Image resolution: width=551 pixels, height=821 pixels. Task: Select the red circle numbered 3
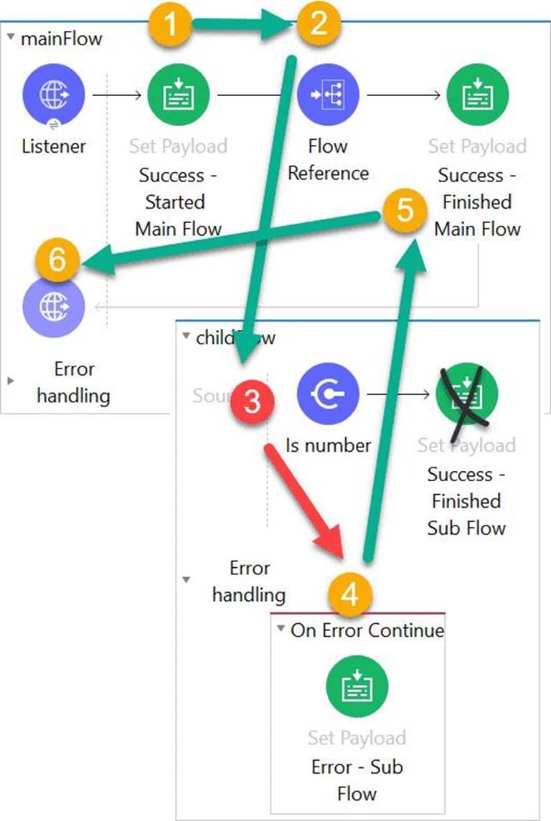[252, 403]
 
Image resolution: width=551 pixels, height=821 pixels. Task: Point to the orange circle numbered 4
[350, 594]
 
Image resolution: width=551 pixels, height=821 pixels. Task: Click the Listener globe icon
[53, 95]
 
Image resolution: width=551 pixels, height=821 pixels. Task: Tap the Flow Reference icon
[328, 95]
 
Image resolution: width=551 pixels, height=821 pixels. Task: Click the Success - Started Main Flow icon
[178, 95]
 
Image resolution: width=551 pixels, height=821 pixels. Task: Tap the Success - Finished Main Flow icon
[477, 95]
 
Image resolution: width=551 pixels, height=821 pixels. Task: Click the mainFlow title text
[61, 39]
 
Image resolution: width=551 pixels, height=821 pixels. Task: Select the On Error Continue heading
[367, 630]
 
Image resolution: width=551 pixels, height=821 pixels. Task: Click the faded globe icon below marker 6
[53, 307]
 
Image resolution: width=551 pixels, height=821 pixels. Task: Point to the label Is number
[328, 445]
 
